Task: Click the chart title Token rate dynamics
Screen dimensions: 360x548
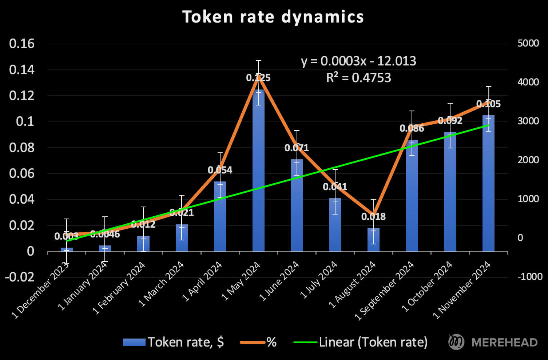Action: (x=273, y=17)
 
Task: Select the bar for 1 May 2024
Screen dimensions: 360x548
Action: (x=258, y=171)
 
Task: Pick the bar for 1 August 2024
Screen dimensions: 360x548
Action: (x=373, y=240)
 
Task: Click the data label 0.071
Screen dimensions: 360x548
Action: (x=297, y=148)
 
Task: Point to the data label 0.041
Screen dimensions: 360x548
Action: (x=335, y=187)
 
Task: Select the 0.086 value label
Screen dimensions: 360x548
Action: (x=412, y=128)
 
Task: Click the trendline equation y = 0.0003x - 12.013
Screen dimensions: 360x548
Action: (x=358, y=61)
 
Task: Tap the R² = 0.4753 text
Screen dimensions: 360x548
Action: (x=358, y=78)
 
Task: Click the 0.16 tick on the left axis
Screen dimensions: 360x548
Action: (x=22, y=44)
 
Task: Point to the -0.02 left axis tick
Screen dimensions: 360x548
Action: (x=20, y=277)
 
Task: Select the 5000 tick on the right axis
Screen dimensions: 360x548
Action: (x=528, y=43)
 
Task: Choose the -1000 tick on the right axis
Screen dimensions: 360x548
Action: (x=530, y=277)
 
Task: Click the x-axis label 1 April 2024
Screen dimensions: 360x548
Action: (x=202, y=282)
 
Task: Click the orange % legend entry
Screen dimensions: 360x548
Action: (x=258, y=342)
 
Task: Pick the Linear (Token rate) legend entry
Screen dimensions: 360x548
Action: (x=360, y=342)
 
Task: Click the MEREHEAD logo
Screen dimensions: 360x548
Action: (x=493, y=342)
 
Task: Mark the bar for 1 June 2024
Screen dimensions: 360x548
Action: (x=297, y=205)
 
